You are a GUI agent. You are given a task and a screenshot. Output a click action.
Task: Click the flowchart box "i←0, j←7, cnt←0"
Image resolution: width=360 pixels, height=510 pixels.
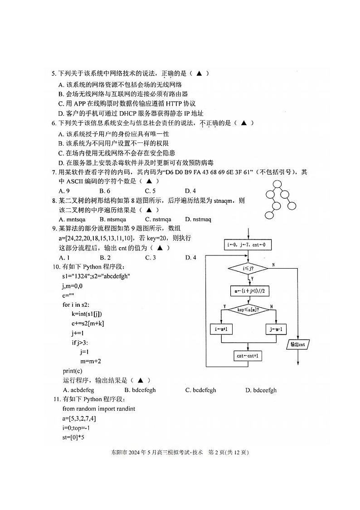coord(248,245)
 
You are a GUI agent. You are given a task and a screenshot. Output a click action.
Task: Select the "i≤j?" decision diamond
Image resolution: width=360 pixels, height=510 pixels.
coord(248,269)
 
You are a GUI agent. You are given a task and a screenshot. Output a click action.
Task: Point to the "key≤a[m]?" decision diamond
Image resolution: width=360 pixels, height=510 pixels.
coord(248,309)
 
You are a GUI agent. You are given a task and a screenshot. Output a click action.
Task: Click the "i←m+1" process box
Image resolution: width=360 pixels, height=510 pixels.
coord(222,329)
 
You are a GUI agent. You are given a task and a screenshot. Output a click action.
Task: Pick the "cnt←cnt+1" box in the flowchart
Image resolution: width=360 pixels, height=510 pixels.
coord(248,356)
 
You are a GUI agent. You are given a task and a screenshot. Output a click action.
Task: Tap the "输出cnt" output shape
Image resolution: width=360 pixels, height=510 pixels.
coord(297,344)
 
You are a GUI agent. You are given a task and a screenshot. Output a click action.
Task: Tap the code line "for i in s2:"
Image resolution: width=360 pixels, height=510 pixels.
coord(79,304)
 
